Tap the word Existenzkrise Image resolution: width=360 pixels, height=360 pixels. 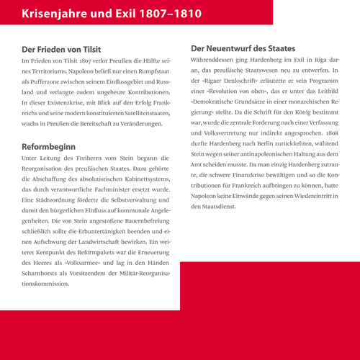(x=68, y=107)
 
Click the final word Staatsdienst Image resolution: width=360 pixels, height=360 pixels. (x=215, y=207)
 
